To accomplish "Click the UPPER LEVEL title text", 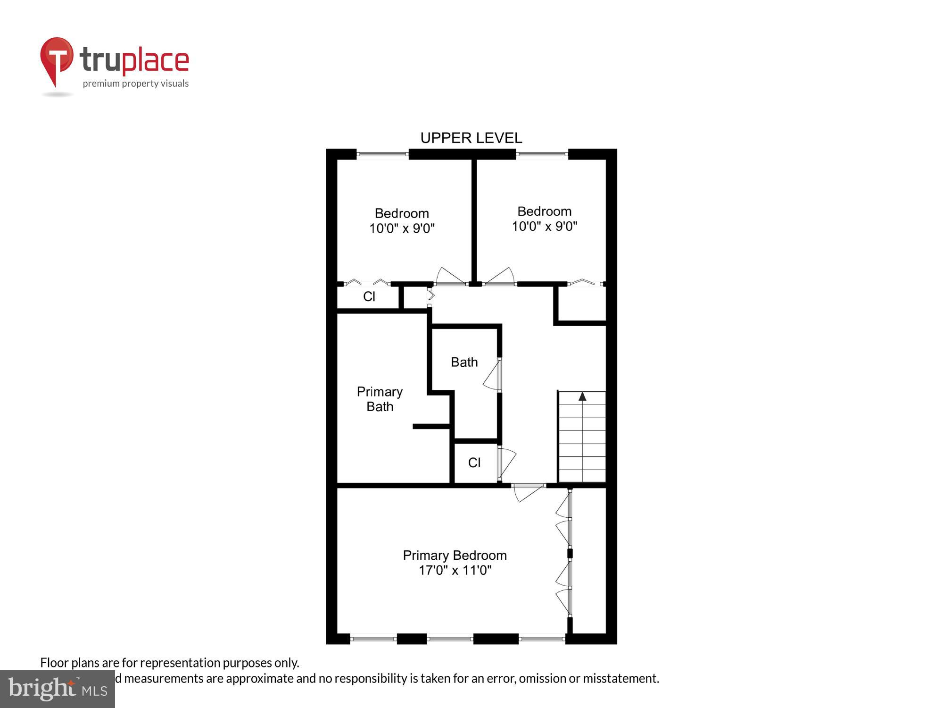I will (x=471, y=138).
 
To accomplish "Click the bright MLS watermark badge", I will (x=57, y=689).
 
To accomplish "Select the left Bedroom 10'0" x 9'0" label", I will (x=402, y=221).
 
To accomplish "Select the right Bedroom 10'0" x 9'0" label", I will (x=545, y=219).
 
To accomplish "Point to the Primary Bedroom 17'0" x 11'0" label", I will (x=455, y=563).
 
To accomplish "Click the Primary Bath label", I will (x=380, y=399).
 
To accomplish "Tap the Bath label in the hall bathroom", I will (x=464, y=362).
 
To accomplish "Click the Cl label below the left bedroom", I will (x=369, y=296).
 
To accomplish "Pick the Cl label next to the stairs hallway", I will (x=474, y=463).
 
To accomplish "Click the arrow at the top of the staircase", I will (x=582, y=396).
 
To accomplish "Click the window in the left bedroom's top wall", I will (x=382, y=154).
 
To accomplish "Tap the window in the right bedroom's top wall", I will (x=542, y=154).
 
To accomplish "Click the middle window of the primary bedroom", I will (x=450, y=639).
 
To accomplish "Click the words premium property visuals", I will (x=136, y=84).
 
